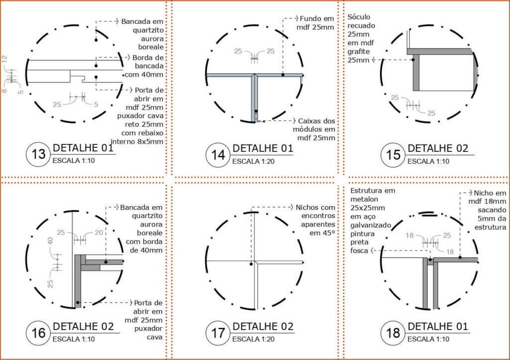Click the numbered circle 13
tap(38, 154)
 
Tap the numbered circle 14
tap(218, 155)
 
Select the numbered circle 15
tap(393, 155)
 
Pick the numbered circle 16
tap(38, 333)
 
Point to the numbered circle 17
tap(218, 333)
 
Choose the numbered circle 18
tap(393, 333)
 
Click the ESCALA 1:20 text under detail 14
tap(253, 161)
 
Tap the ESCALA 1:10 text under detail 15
tap(428, 161)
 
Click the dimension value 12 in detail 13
tap(4, 59)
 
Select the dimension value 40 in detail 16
tap(50, 241)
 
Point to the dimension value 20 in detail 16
tap(99, 233)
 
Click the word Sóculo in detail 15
tap(359, 17)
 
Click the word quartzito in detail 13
tap(148, 30)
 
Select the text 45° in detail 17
tap(327, 233)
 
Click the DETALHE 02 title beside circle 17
tap(263, 326)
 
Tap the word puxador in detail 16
tap(148, 329)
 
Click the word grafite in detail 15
tap(359, 52)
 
